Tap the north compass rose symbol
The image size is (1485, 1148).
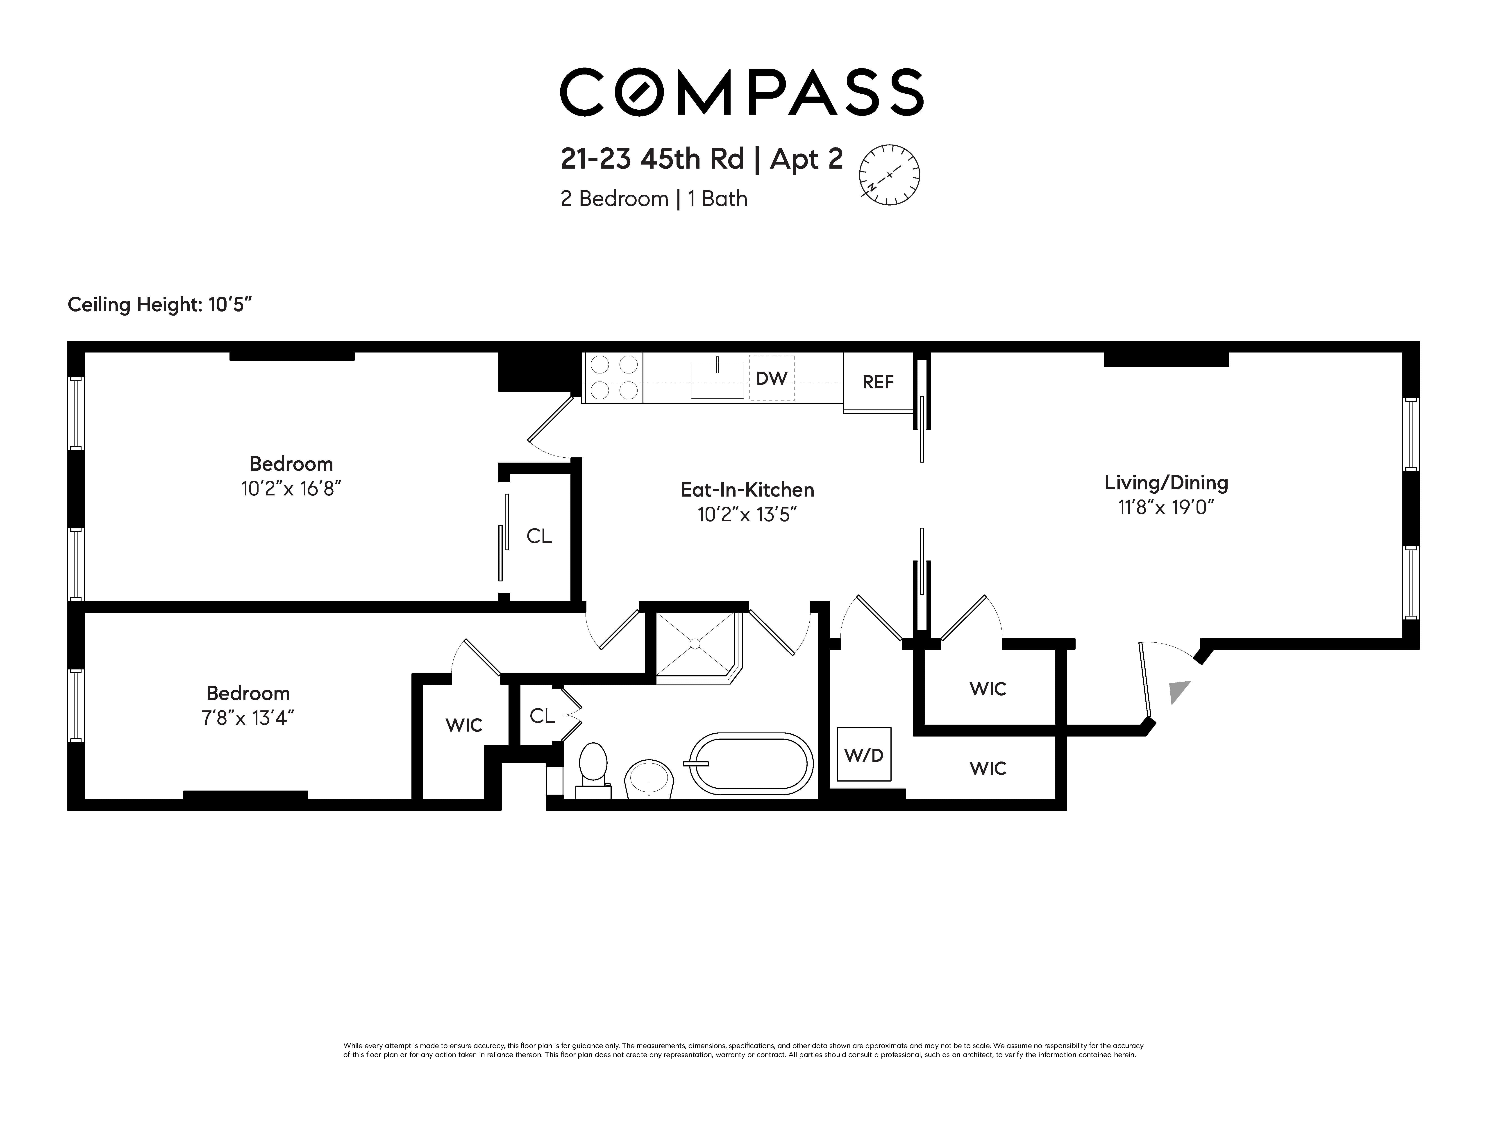point(889,175)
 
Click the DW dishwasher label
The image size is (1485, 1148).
point(772,378)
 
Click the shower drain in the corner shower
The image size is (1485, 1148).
point(695,643)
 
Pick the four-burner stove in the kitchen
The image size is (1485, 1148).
point(613,378)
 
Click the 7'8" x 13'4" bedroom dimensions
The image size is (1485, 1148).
point(248,718)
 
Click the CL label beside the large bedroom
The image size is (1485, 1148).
point(539,536)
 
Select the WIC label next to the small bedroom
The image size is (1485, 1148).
point(464,725)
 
